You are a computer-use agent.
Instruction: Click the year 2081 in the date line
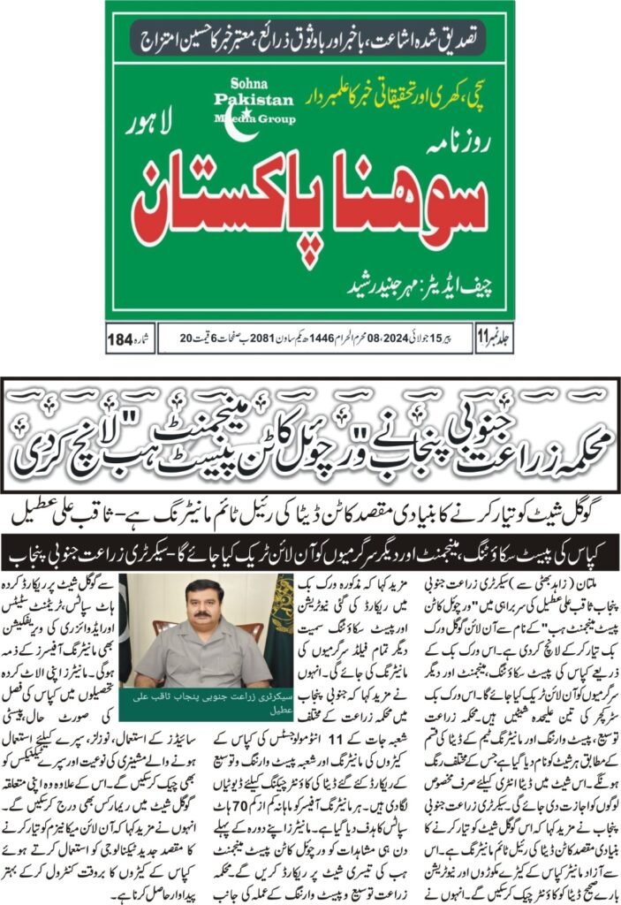[x=268, y=338]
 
